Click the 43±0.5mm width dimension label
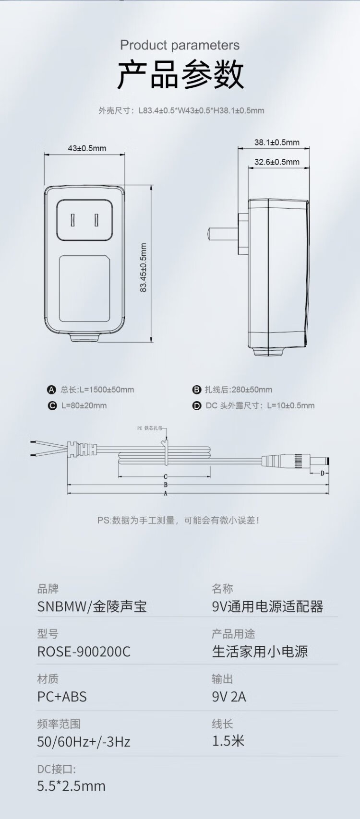87,148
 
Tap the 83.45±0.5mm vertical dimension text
143,268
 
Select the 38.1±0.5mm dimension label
276,142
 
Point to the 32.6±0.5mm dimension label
276,162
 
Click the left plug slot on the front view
73,221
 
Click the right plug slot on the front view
97,221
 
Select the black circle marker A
52,390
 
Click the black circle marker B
196,390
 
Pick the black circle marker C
52,406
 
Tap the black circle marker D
197,406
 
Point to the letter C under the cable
166,476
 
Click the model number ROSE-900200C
84,652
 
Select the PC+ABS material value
62,697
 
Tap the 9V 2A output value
229,697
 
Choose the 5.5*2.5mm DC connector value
72,786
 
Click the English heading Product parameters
180,45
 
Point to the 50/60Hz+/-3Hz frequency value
84,742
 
